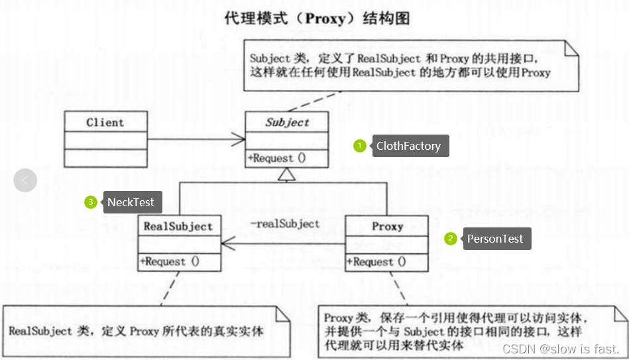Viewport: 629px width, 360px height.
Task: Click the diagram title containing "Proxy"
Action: [317, 18]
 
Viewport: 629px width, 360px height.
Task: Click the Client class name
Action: [105, 123]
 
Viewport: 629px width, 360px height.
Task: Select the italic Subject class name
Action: [287, 123]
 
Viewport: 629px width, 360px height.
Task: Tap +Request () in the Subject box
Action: [277, 158]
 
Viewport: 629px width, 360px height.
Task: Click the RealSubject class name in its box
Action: [178, 226]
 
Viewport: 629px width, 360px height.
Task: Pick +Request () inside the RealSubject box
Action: [170, 262]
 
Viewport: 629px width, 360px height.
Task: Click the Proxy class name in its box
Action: [387, 226]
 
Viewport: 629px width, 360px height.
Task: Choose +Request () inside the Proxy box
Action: [376, 262]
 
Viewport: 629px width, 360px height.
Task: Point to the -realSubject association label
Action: [284, 223]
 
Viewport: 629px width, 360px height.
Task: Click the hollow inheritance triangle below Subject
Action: [287, 175]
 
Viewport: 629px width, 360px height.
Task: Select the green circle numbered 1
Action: [360, 146]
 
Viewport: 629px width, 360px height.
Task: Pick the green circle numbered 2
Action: [451, 239]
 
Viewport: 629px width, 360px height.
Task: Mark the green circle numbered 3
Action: [91, 202]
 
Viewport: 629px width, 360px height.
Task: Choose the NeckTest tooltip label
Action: [133, 202]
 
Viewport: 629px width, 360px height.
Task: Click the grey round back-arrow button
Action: [25, 180]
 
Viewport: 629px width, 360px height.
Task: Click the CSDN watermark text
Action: [561, 349]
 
